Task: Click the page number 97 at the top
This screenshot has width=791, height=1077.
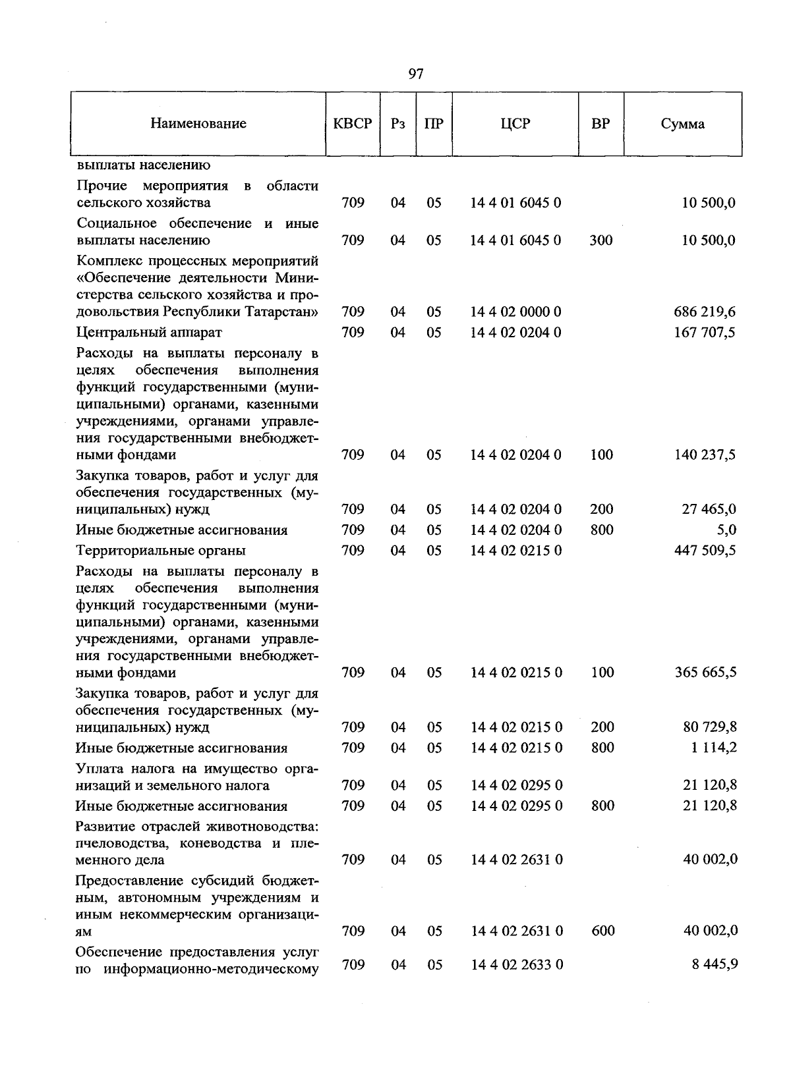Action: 415,74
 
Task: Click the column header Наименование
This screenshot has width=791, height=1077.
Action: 198,124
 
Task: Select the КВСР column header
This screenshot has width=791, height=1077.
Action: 353,124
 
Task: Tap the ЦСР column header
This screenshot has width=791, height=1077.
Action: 515,124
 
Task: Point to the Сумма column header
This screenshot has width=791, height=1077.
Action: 682,124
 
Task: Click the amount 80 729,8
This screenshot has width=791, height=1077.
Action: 709,727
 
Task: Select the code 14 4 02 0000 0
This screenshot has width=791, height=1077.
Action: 515,312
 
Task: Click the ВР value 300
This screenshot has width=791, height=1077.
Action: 601,240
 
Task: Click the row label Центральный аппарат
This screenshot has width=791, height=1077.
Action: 149,332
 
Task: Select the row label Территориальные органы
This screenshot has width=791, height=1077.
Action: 160,550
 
